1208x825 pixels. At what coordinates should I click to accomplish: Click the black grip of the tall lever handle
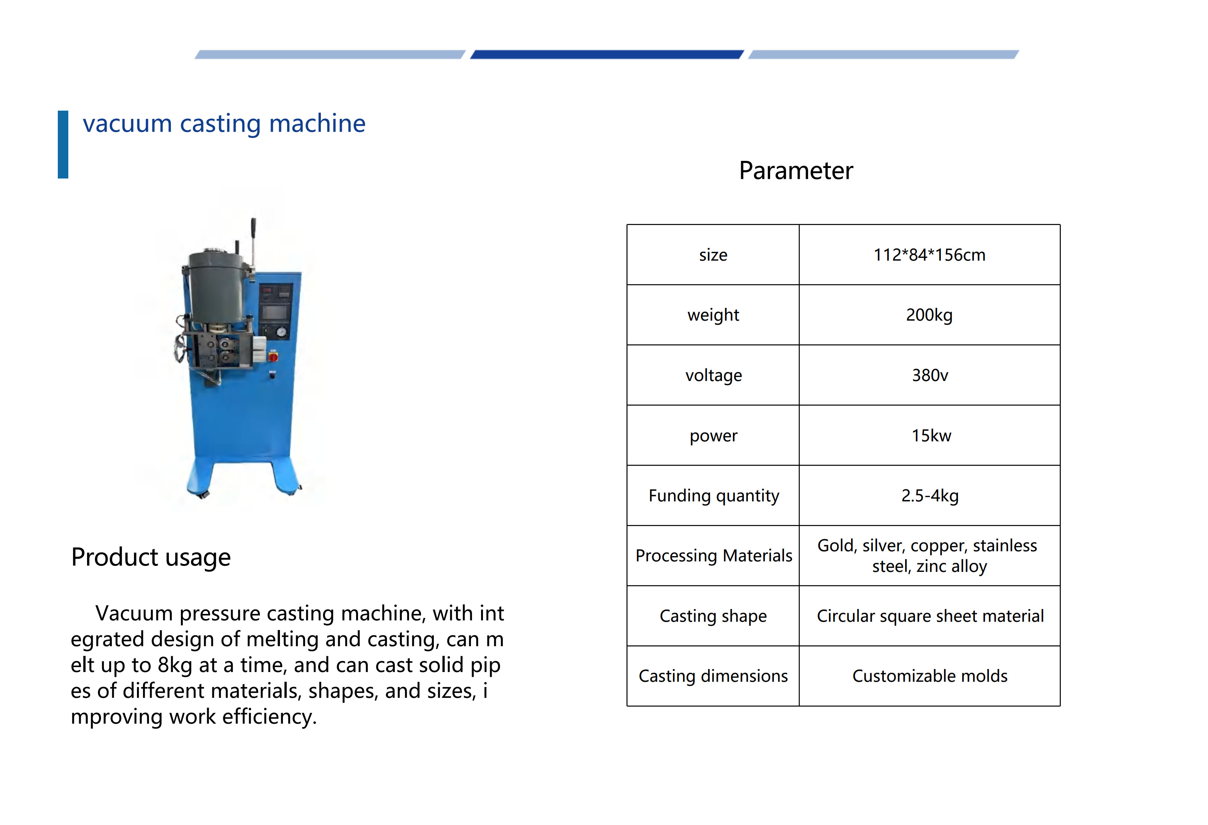(254, 227)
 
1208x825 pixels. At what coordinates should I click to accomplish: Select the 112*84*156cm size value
(930, 255)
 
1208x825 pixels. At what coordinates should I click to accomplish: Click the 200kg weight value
(930, 315)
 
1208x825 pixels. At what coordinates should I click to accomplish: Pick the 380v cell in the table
(930, 375)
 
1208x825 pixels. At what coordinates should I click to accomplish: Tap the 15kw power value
(931, 435)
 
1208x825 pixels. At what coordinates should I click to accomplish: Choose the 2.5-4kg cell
(930, 496)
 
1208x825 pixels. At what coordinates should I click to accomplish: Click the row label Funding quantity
(714, 496)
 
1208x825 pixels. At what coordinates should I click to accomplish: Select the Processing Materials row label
(714, 556)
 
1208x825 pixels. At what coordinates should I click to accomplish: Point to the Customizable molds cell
(930, 676)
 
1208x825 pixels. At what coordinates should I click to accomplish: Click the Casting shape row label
(713, 616)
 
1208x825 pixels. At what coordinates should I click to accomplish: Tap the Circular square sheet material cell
(930, 616)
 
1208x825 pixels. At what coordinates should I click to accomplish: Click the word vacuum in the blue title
(127, 124)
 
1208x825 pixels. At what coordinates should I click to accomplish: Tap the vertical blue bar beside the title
(63, 144)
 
